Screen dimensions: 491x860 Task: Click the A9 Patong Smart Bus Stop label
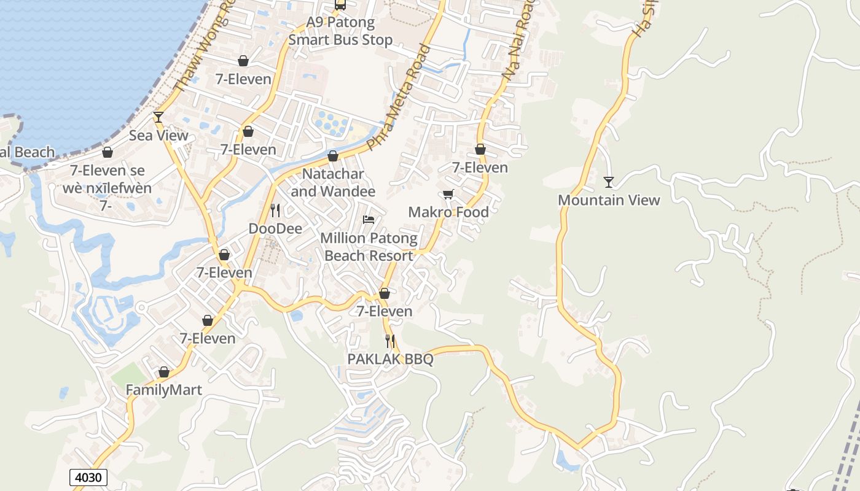[x=340, y=31]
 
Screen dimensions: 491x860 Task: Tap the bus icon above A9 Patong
[x=340, y=5]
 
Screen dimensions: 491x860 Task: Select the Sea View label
[x=158, y=135]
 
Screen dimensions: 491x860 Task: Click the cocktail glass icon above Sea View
[x=158, y=117]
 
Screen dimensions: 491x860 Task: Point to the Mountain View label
[x=609, y=200]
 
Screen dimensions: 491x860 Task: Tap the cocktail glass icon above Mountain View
[x=609, y=182]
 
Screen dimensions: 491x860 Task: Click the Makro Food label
[x=448, y=212]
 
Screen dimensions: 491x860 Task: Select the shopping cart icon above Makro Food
[x=448, y=194]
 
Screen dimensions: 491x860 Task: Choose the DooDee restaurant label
[x=275, y=229]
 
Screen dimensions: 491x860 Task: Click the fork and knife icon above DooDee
[x=275, y=211]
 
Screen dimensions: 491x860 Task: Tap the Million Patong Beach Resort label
[x=369, y=247]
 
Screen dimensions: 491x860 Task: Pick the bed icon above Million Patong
[x=369, y=220]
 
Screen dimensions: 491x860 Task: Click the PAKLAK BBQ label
[x=390, y=359]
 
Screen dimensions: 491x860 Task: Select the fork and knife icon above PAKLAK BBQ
[x=390, y=341]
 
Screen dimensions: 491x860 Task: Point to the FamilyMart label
[x=164, y=390]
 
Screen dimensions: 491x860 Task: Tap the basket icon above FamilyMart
[x=164, y=372]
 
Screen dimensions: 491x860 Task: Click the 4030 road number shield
[x=88, y=477]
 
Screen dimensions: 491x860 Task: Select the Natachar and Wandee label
[x=333, y=183]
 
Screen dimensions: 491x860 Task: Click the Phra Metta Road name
[x=400, y=98]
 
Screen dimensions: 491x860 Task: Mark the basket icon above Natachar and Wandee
[x=333, y=156]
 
